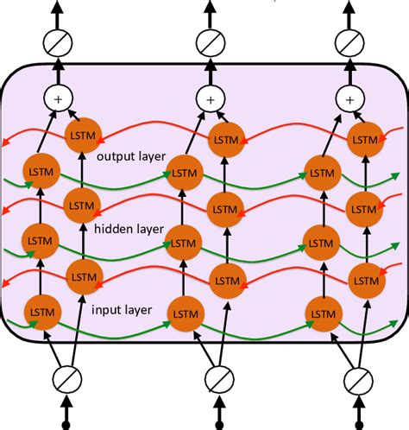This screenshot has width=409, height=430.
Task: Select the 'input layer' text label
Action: (x=123, y=309)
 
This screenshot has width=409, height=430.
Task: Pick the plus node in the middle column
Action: (x=210, y=100)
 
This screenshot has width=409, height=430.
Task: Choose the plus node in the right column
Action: (x=349, y=100)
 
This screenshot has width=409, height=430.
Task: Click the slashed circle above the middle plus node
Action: (x=210, y=41)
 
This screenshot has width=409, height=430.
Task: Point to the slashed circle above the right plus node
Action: (x=349, y=41)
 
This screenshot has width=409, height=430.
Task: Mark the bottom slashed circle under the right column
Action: (x=356, y=379)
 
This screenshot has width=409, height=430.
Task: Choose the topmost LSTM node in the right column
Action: (x=365, y=134)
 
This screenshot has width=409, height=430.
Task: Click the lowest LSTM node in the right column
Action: (x=324, y=310)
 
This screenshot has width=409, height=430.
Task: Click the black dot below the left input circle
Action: (x=66, y=426)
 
